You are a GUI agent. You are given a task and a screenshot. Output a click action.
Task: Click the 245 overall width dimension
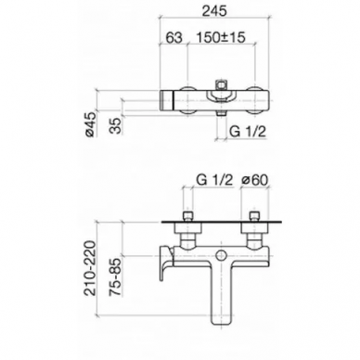214,11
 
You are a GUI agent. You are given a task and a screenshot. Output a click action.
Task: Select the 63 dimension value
174,38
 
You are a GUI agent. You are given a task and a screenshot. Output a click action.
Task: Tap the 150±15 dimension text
221,38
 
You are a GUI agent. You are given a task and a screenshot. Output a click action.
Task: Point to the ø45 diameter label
91,123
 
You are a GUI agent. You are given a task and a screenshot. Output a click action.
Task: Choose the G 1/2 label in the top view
248,132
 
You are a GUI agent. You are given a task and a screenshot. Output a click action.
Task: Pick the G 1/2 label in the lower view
214,180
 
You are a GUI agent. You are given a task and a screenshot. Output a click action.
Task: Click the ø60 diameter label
254,180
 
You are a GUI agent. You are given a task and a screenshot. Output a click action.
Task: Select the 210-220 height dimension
91,268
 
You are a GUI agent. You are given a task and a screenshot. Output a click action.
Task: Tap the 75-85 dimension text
115,276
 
